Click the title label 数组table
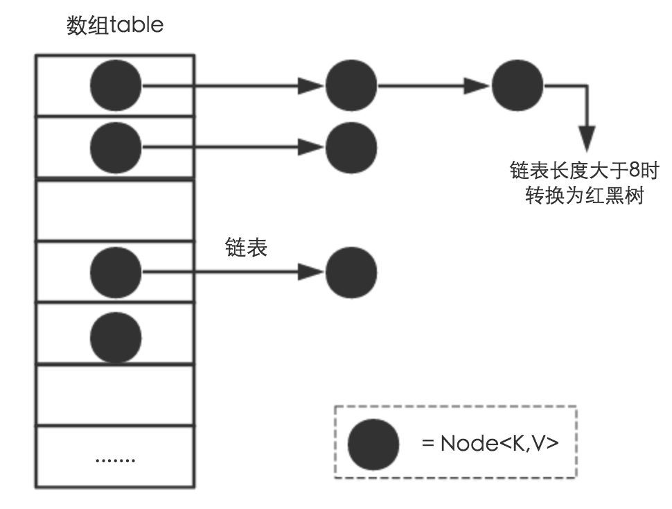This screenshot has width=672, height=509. coord(115,25)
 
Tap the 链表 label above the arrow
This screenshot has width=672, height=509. coord(246,248)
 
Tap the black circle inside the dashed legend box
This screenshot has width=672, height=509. coord(373,444)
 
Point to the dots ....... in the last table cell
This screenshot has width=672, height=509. coord(115,459)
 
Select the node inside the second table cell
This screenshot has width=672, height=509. coord(116,147)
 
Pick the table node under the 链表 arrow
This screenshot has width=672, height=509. coord(116,272)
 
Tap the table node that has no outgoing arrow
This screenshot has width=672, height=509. coord(116,337)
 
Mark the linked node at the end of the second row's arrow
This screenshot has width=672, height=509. coord(351,147)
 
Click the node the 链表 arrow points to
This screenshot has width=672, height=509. coord(351,272)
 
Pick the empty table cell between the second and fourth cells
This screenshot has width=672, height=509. coord(115,210)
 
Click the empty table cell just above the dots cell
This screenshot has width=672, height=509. coord(115,394)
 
